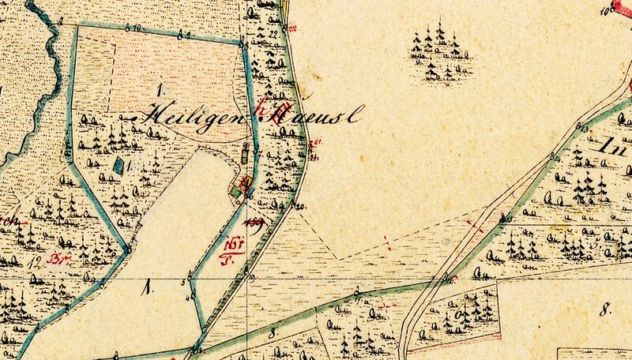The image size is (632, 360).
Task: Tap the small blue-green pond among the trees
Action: pos(119,167)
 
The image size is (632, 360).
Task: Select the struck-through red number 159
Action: pos(255,223)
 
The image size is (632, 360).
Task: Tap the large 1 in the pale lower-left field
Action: pos(147,290)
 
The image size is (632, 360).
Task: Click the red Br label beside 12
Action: pos(55,258)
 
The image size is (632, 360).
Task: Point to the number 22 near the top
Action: pos(273,35)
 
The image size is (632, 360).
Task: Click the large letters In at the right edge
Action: pos(615,146)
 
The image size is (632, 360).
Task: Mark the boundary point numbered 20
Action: pos(299,206)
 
